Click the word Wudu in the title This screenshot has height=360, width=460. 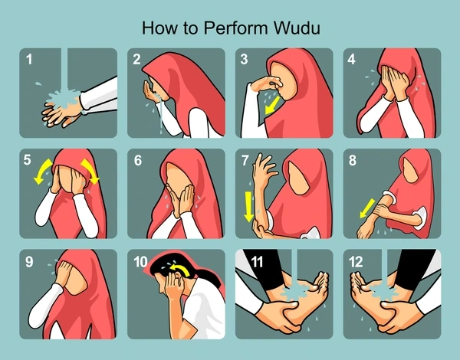[x=297, y=28]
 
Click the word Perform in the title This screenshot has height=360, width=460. [x=235, y=28]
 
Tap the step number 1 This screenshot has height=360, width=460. [x=29, y=59]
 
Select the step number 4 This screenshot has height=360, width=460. [x=351, y=59]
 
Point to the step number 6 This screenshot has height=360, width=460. [x=137, y=160]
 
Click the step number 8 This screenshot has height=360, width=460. [x=353, y=160]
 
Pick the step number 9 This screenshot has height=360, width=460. [x=29, y=261]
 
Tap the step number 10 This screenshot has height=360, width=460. [x=140, y=261]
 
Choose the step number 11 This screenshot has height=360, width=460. [x=257, y=261]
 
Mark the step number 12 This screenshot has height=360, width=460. [x=356, y=261]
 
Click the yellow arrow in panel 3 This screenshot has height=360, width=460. [x=272, y=106]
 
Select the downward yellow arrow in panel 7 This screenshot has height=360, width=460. [x=248, y=206]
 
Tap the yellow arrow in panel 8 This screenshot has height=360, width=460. [x=367, y=208]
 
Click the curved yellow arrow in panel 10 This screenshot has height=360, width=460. [x=181, y=268]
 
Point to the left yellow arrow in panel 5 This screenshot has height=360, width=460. [x=43, y=172]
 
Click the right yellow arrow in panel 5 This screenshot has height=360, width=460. [x=90, y=172]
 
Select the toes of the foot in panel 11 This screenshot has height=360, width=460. [x=320, y=280]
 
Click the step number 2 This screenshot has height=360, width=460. [x=136, y=59]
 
